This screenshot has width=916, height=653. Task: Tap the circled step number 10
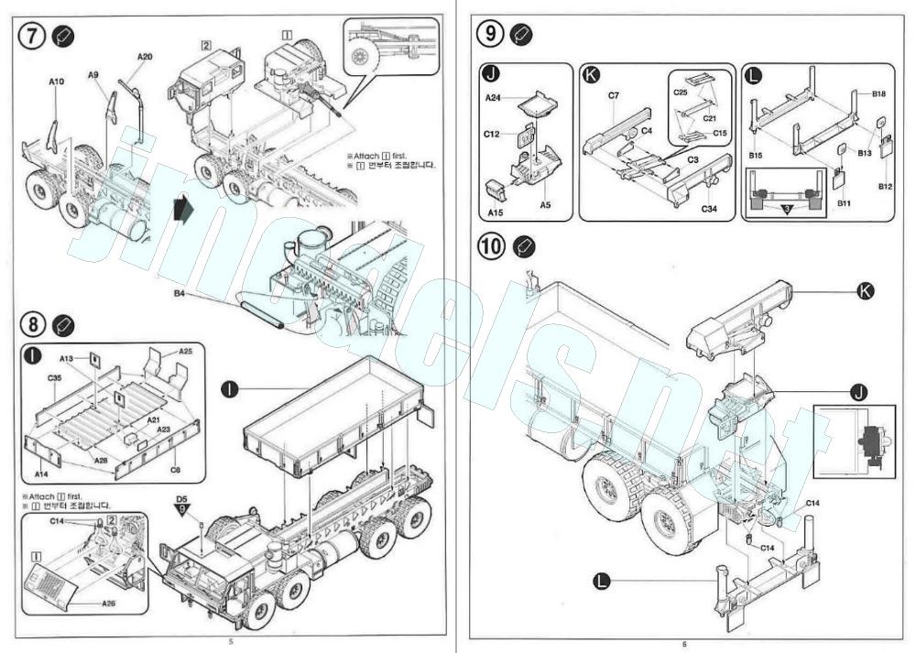click(492, 246)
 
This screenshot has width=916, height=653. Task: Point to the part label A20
click(145, 57)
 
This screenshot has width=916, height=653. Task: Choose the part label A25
click(186, 351)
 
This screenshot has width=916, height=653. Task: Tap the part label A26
click(108, 604)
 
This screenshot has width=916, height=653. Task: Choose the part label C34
click(710, 210)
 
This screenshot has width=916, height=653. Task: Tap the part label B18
click(878, 94)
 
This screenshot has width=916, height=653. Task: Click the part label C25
click(681, 93)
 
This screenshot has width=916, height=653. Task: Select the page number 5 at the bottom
click(230, 641)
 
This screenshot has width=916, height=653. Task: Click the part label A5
click(545, 204)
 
